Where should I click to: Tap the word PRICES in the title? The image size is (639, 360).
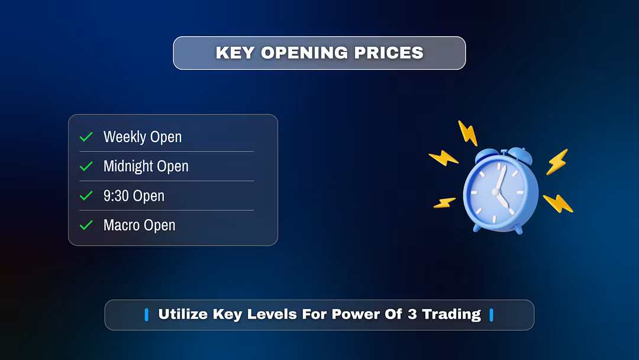click(x=389, y=53)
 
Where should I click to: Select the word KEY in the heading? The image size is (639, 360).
click(x=235, y=53)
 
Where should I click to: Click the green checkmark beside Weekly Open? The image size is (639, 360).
click(x=86, y=137)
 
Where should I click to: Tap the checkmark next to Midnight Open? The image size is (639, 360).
click(x=86, y=166)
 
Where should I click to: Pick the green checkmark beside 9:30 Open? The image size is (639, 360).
click(x=86, y=196)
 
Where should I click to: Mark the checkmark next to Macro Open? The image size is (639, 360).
click(x=86, y=225)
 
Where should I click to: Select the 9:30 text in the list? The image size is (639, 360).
click(x=116, y=196)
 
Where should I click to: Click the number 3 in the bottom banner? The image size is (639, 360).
click(x=412, y=314)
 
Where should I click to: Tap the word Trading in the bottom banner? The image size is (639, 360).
click(x=451, y=314)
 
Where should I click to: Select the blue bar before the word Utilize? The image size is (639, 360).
click(x=147, y=315)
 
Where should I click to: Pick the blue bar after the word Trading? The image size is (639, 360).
click(x=492, y=315)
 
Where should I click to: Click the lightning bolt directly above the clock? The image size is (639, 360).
click(x=468, y=133)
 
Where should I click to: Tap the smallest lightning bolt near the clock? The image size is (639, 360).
click(x=444, y=202)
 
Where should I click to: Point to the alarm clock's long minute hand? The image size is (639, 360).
click(x=501, y=178)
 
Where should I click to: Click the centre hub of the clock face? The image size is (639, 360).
click(x=496, y=192)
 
